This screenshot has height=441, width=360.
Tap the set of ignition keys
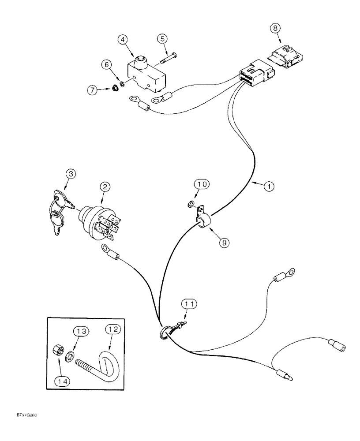coord(60,211)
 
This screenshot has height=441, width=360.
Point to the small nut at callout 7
coord(113,90)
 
